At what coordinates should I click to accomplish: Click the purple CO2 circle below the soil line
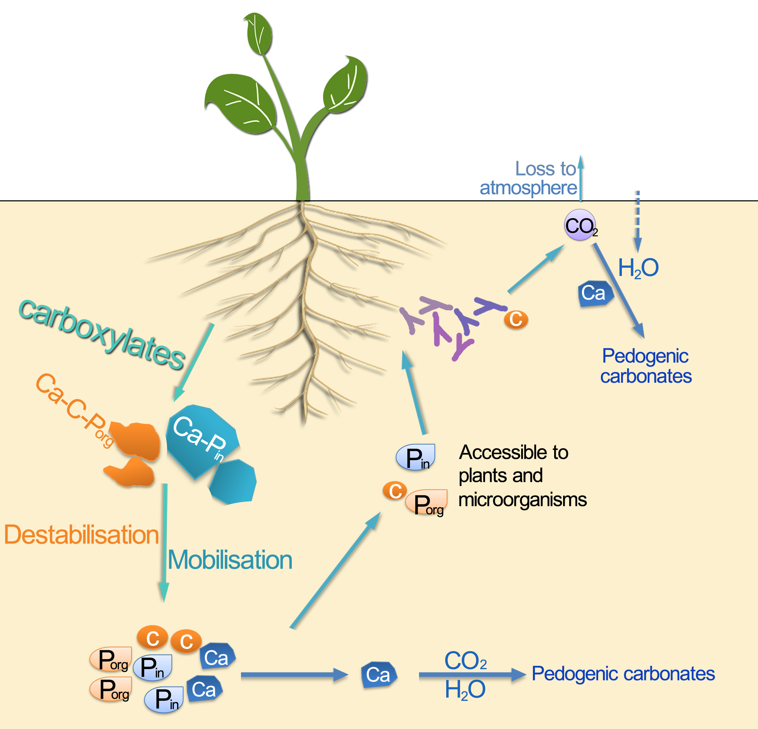(x=580, y=225)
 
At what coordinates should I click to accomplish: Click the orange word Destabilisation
(x=81, y=535)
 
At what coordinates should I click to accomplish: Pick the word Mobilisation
(x=230, y=560)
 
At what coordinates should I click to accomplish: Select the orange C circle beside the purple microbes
(x=516, y=319)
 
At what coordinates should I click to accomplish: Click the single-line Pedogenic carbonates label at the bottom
(x=623, y=674)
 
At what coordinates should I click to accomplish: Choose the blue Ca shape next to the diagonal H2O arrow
(x=595, y=294)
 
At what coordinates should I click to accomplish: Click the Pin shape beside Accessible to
(x=416, y=457)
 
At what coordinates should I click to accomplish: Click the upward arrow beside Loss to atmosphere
(x=581, y=178)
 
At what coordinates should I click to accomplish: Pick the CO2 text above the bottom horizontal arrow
(x=465, y=661)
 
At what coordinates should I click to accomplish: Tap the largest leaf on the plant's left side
(x=240, y=103)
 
